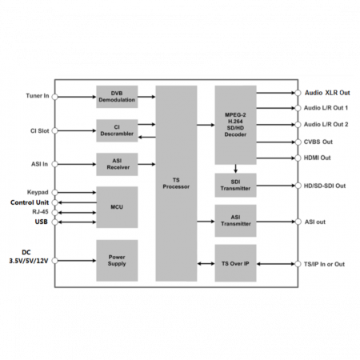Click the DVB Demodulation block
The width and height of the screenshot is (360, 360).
(x=117, y=97)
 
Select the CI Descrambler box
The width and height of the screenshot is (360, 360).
(x=117, y=130)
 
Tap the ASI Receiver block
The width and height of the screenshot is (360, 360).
(x=117, y=164)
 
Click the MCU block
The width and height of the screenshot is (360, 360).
(x=117, y=207)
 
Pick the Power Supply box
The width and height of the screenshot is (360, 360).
(x=117, y=261)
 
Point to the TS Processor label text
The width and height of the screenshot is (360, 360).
(x=176, y=183)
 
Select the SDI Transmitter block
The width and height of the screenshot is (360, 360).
(x=235, y=186)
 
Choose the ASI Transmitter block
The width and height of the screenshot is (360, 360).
(x=235, y=221)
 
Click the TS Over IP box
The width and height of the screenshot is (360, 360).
(x=235, y=263)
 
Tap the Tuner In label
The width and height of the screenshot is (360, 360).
(x=38, y=96)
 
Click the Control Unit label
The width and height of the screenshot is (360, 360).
(x=30, y=202)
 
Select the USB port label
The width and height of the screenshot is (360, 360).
(x=41, y=222)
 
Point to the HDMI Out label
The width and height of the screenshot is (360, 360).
(x=317, y=158)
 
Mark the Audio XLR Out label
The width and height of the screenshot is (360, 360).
(x=327, y=93)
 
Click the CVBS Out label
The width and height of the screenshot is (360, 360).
(x=318, y=142)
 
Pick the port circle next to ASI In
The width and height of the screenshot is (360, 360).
(x=54, y=164)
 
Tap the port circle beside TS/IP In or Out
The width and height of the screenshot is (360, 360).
(x=298, y=264)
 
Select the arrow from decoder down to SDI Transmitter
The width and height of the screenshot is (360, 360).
(x=235, y=169)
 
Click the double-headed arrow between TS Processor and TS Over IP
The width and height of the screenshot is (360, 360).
(x=206, y=264)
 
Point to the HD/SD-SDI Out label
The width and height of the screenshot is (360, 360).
(x=325, y=186)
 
